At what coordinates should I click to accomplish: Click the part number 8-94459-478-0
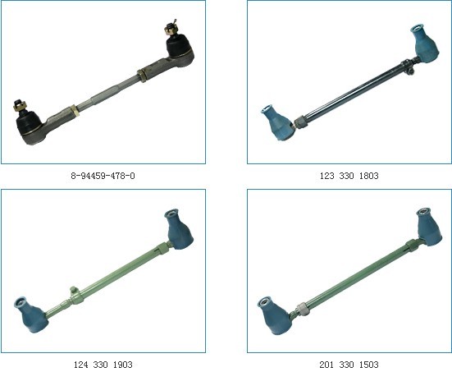click(103, 176)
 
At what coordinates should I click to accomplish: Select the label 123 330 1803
click(349, 176)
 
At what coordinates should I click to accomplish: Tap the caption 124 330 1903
click(103, 365)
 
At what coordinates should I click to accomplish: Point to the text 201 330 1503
click(349, 365)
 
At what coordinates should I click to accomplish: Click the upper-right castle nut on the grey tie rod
click(170, 28)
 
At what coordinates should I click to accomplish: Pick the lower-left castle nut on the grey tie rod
click(20, 107)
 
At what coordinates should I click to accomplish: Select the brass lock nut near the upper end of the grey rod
click(142, 76)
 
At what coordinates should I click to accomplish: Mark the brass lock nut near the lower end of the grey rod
click(75, 112)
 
